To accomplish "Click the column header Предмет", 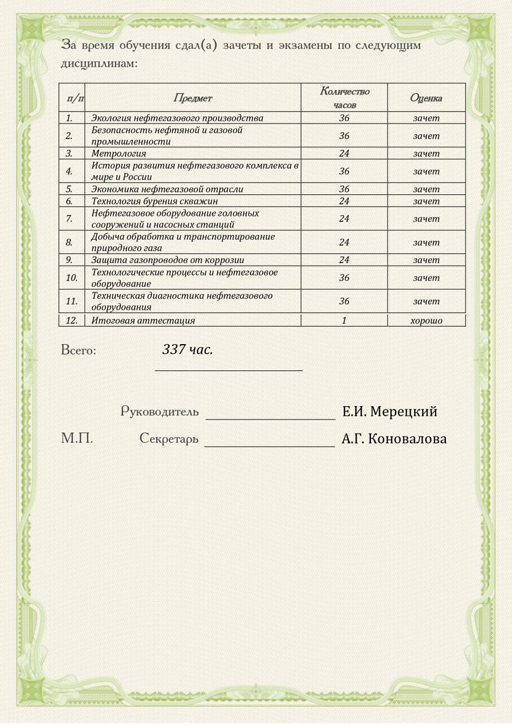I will [192, 98].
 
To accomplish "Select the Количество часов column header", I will [344, 98].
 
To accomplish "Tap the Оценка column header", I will [426, 98].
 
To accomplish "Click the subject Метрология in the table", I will [118, 153].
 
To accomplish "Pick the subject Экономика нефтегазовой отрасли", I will [167, 189].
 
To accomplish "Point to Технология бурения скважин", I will [155, 201].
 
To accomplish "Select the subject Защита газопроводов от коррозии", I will [168, 260].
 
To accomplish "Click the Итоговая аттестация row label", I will [143, 320].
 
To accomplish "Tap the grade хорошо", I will [426, 320].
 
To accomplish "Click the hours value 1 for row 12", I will [344, 320].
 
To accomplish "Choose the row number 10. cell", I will [71, 277].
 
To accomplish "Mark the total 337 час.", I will [187, 349].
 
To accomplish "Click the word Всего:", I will [79, 350].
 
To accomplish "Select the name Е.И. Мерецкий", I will [389, 411].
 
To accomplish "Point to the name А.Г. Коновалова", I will [394, 439].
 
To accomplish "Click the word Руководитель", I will [159, 411].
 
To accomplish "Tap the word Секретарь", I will [169, 439].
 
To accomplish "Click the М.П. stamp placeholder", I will [77, 439].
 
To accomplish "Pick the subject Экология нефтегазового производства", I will [177, 118].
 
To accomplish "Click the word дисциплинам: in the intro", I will [99, 64].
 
